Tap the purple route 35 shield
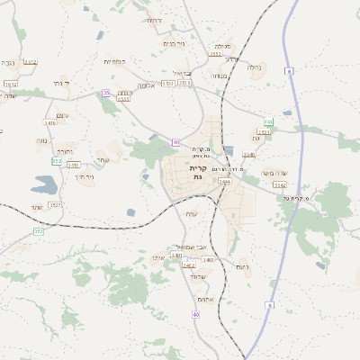click(x=106, y=93)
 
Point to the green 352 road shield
click(x=57, y=161)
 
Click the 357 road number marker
click(x=39, y=231)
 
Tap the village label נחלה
click(x=254, y=67)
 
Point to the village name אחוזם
click(x=203, y=301)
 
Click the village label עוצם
click(x=62, y=114)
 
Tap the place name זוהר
click(x=36, y=207)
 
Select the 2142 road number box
click(x=280, y=184)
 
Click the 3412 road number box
click(x=31, y=61)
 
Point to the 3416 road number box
click(x=49, y=122)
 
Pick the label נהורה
click(x=64, y=150)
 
